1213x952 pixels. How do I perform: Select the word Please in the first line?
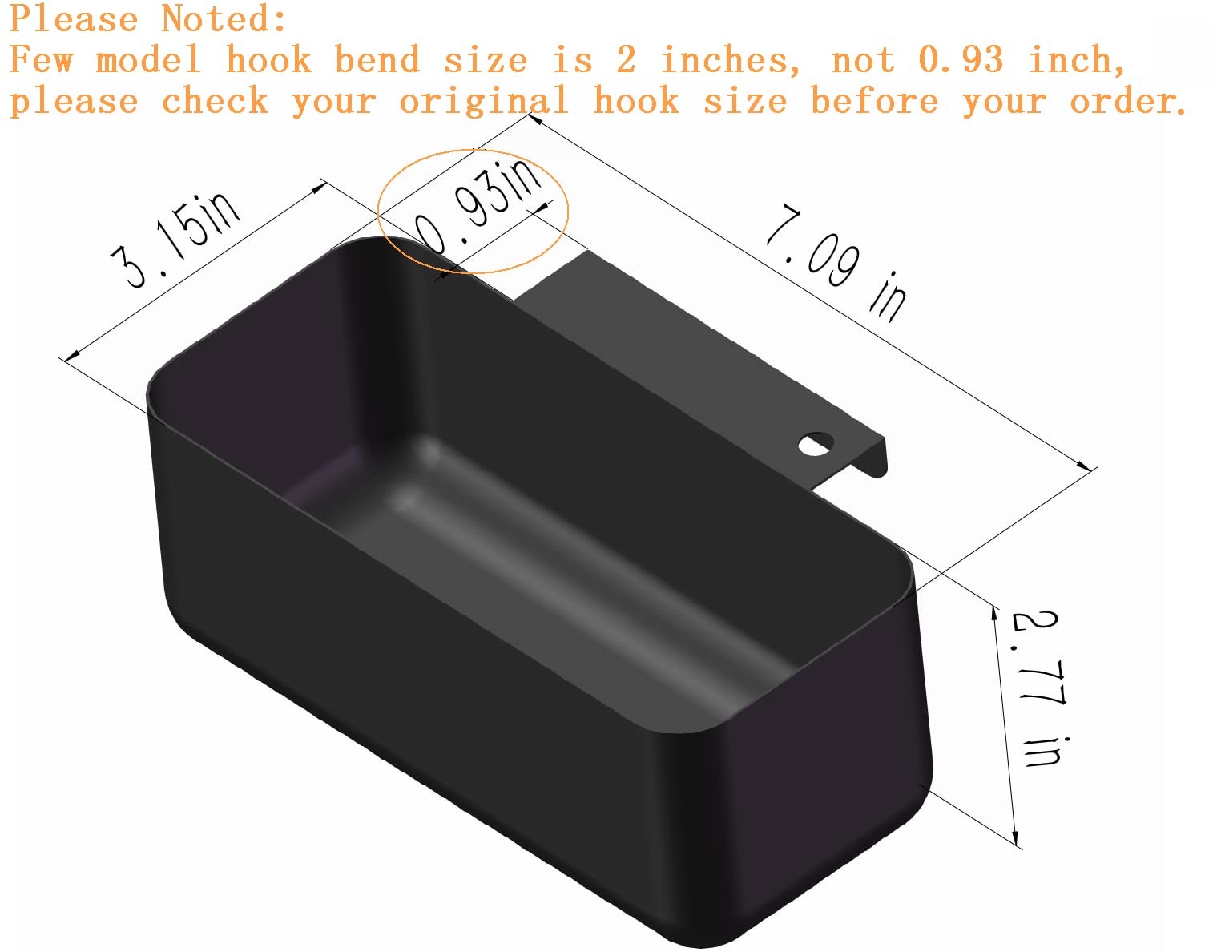pos(75,19)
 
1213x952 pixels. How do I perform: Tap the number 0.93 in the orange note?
pos(960,60)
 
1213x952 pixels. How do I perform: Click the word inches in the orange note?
pos(731,60)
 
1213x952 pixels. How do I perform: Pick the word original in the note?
pos(484,101)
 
